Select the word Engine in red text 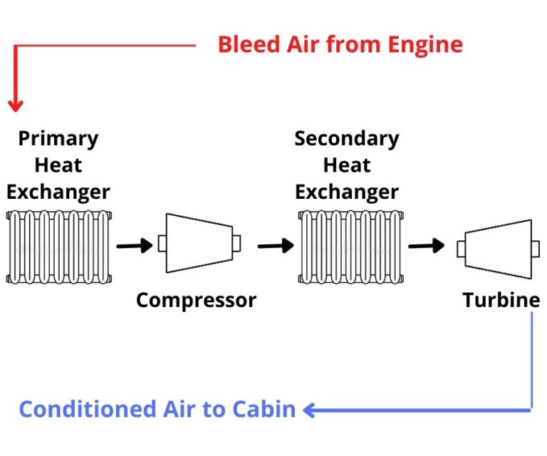point(424,45)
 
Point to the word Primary point(58,138)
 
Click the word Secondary point(346,138)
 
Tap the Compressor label point(196,300)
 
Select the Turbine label point(501,300)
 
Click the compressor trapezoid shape point(199,243)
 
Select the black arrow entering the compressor point(135,246)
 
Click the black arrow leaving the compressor point(275,246)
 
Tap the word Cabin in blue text point(263,410)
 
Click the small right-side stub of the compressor point(236,243)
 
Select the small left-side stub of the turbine point(461,248)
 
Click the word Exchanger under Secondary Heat point(346,192)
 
